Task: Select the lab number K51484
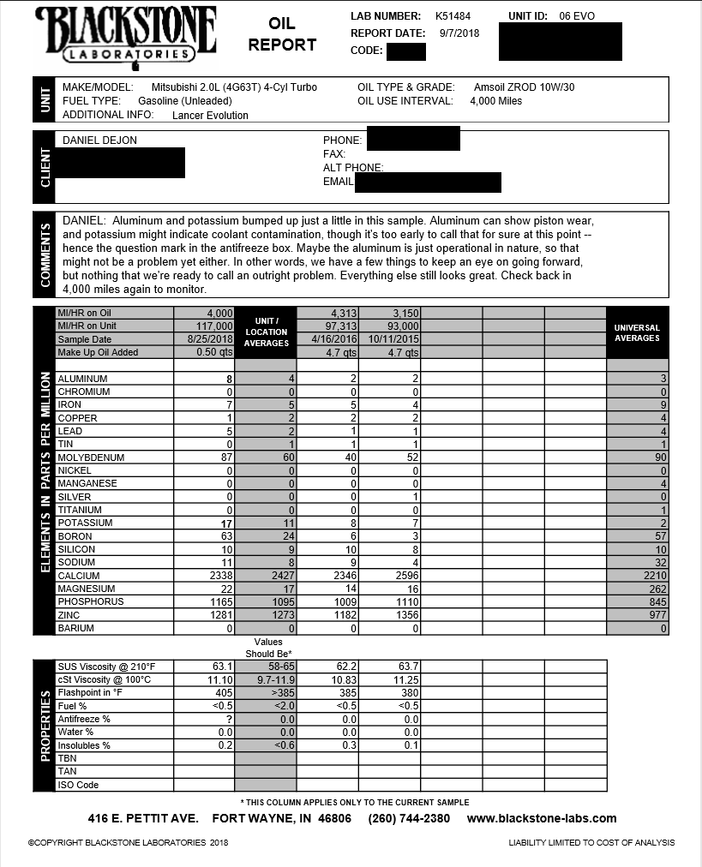(453, 16)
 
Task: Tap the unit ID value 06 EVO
(576, 16)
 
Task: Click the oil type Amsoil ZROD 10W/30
(524, 87)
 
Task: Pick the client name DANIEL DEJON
(99, 141)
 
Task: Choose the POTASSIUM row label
(85, 523)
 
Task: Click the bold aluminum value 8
(229, 379)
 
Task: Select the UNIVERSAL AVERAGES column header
(637, 332)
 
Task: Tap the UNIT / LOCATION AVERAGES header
(266, 332)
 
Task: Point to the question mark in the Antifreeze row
(229, 719)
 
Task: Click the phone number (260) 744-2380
(409, 818)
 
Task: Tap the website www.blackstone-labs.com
(542, 818)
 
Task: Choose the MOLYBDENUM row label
(91, 457)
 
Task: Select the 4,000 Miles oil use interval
(495, 101)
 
